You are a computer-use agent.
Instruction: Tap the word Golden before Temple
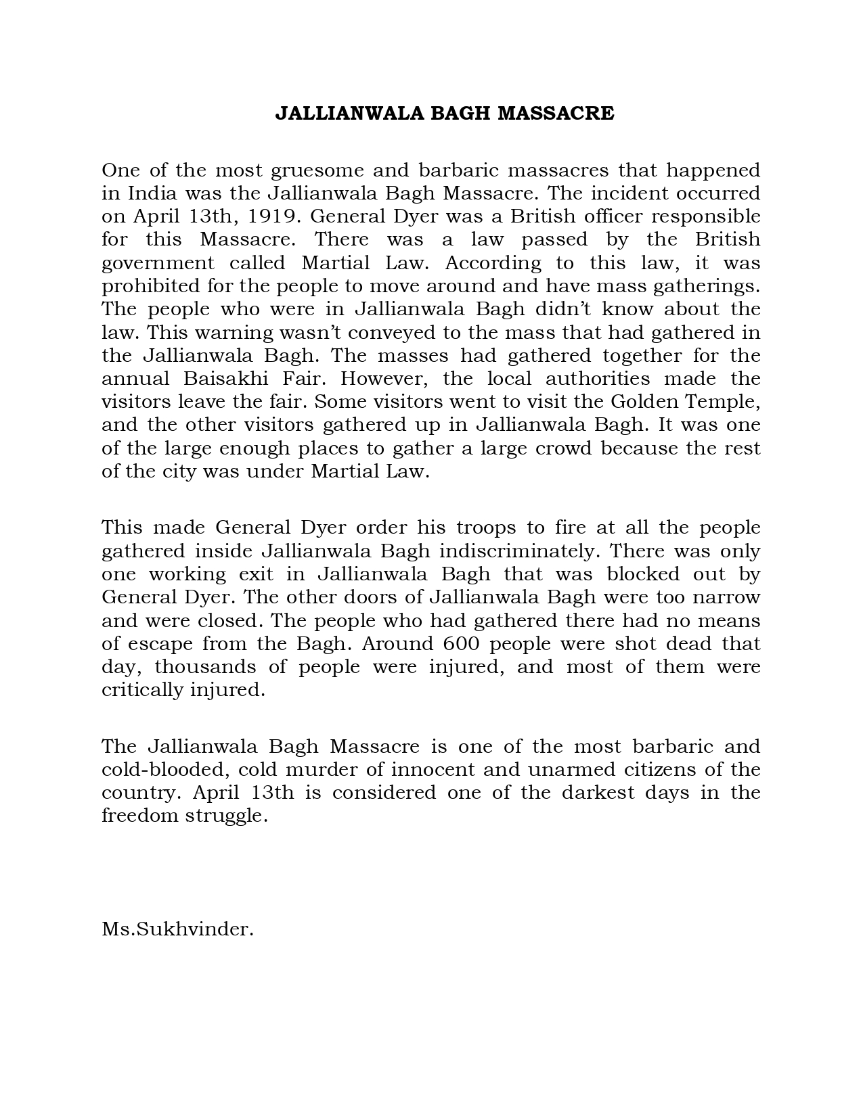(x=644, y=402)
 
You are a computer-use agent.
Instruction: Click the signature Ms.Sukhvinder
(x=177, y=929)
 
